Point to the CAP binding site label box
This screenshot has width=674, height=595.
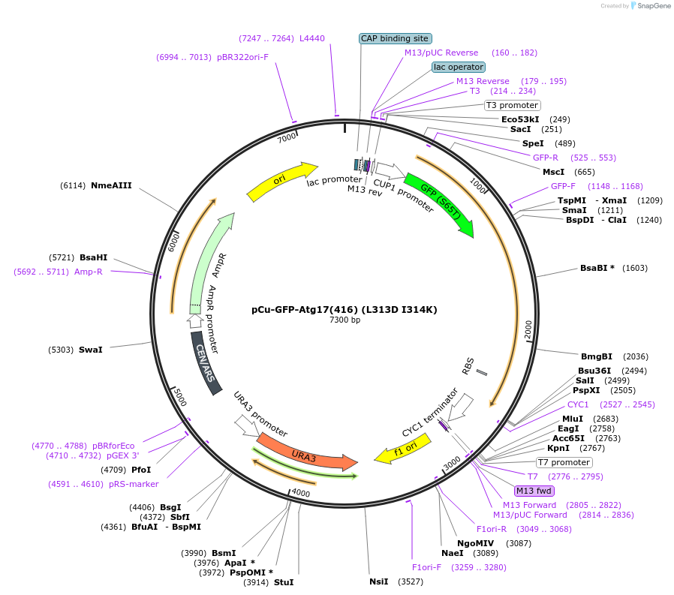click(395, 38)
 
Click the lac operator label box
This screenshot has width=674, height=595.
click(459, 67)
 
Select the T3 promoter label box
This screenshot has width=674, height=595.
click(512, 105)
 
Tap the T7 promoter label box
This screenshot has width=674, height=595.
click(564, 462)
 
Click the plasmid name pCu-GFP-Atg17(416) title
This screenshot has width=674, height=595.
click(345, 309)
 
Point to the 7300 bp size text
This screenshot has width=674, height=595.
click(345, 320)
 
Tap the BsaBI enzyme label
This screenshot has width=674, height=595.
click(597, 268)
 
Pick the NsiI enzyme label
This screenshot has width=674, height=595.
click(378, 581)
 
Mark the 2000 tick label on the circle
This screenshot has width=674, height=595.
click(528, 329)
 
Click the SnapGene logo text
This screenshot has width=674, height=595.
click(650, 6)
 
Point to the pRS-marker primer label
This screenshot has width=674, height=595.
click(134, 484)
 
